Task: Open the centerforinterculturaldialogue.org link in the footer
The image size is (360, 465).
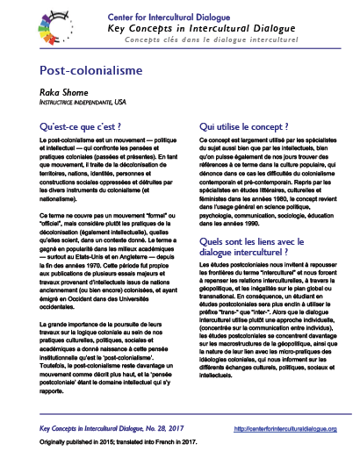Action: click(292, 429)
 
